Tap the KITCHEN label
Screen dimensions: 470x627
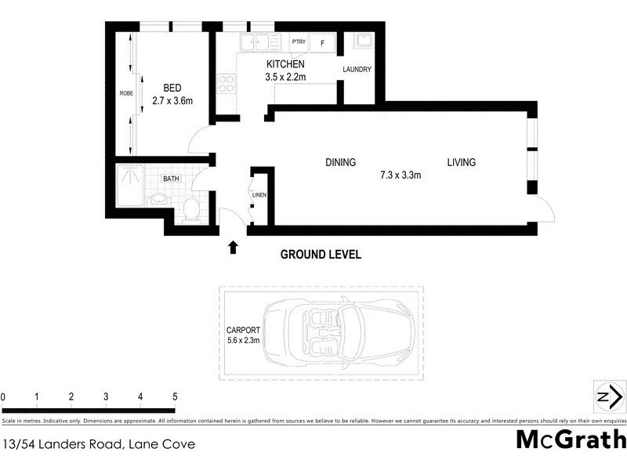pyautogui.click(x=285, y=64)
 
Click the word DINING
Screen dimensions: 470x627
pyautogui.click(x=341, y=163)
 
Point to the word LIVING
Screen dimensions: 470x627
pyautogui.click(x=462, y=163)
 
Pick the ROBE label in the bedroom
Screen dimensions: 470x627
pyautogui.click(x=125, y=93)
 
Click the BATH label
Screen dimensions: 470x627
pyautogui.click(x=170, y=179)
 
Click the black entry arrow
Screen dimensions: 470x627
pyautogui.click(x=233, y=248)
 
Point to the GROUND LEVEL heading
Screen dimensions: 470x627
pyautogui.click(x=321, y=255)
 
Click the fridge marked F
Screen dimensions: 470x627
pyautogui.click(x=321, y=42)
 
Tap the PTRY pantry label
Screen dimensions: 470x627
pyautogui.click(x=298, y=42)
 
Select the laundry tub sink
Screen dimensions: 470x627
pyautogui.click(x=364, y=41)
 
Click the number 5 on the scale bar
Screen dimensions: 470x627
pyautogui.click(x=175, y=397)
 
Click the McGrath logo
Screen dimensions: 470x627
pyautogui.click(x=571, y=439)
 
